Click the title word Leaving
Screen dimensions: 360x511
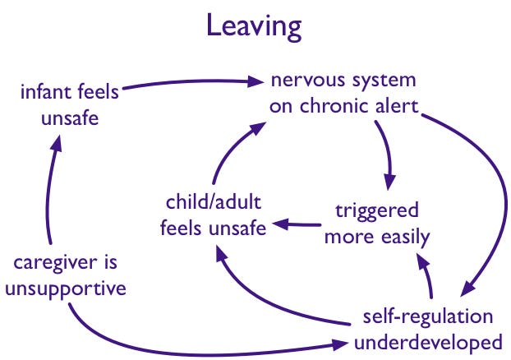click(255, 27)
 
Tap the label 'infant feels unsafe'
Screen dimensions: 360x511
click(70, 104)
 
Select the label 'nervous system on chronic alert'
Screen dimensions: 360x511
click(343, 94)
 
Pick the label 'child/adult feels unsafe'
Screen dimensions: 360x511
click(214, 215)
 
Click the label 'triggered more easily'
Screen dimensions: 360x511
click(377, 223)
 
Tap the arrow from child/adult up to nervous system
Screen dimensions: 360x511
click(230, 148)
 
